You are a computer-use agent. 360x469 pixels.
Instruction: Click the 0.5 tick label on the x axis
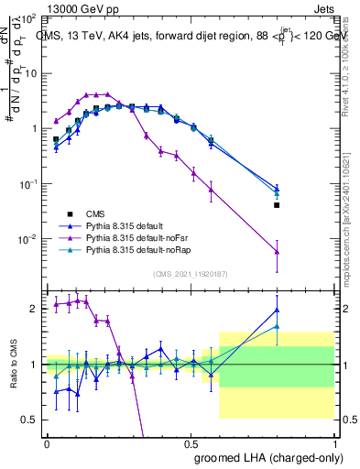pos(191,442)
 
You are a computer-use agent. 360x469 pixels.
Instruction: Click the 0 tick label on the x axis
pos(48,442)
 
